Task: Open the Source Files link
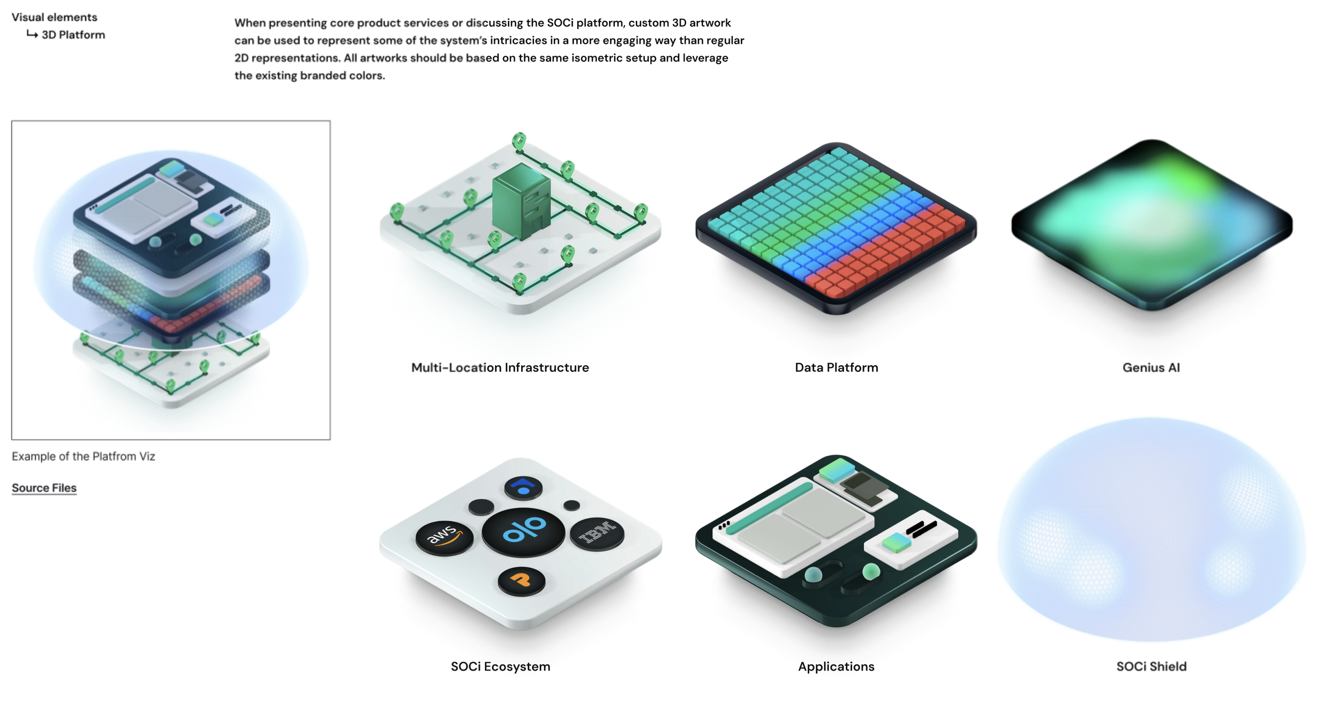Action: coord(44,488)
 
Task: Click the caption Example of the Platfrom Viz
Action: coord(84,456)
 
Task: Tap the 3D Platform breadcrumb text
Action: coord(73,35)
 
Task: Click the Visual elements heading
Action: coord(55,17)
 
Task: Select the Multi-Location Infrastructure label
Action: coord(500,367)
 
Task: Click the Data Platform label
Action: coord(837,367)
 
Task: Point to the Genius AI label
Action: coord(1151,367)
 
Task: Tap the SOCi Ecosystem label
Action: coord(500,666)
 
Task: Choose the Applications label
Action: coord(836,666)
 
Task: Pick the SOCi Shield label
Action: coord(1152,666)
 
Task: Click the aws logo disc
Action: coord(444,537)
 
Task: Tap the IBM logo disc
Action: coord(597,534)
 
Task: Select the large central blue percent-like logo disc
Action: coord(523,532)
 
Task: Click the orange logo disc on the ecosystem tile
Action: coord(522,581)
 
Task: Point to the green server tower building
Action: coord(521,201)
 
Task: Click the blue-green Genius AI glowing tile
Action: coord(1152,225)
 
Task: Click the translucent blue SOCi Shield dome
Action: coord(1152,530)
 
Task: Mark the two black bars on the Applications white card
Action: coord(921,530)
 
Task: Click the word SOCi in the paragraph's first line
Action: coord(560,23)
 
